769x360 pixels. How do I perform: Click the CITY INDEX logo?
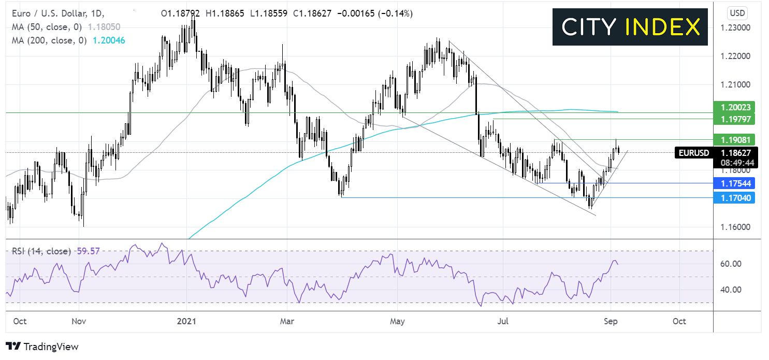(630, 27)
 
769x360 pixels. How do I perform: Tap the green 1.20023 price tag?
(733, 108)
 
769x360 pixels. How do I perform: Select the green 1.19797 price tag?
(733, 120)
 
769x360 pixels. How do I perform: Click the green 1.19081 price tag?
(733, 139)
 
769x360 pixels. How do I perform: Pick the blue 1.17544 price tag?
(733, 183)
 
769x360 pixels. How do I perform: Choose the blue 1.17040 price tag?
(733, 197)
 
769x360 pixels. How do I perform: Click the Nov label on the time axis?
(78, 321)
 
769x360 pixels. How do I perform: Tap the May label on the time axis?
(397, 321)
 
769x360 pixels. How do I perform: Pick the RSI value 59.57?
(88, 251)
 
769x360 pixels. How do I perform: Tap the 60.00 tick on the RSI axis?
(731, 264)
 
